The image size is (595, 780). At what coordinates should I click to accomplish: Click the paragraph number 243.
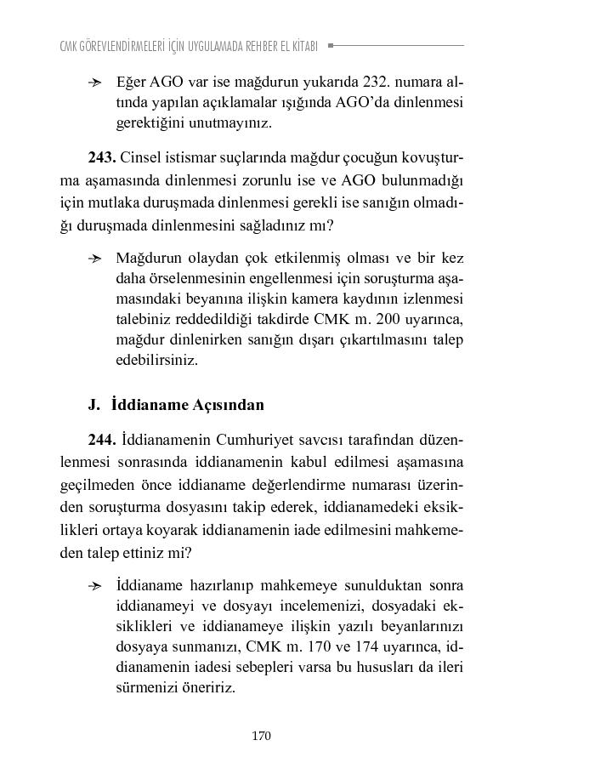[102, 158]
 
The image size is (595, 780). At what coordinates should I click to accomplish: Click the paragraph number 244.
[102, 440]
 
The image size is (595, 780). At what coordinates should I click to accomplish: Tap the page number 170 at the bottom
[262, 736]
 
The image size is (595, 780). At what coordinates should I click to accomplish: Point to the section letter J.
[93, 405]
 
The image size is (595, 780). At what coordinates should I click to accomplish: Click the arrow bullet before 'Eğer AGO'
[95, 83]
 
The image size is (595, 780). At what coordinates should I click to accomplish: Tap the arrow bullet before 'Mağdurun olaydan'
[95, 259]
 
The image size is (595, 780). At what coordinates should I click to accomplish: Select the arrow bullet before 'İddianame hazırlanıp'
[95, 586]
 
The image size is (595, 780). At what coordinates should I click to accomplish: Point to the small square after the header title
[331, 45]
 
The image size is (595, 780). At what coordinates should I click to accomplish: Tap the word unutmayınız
[229, 123]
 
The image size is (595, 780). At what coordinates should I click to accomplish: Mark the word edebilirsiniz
[156, 360]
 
